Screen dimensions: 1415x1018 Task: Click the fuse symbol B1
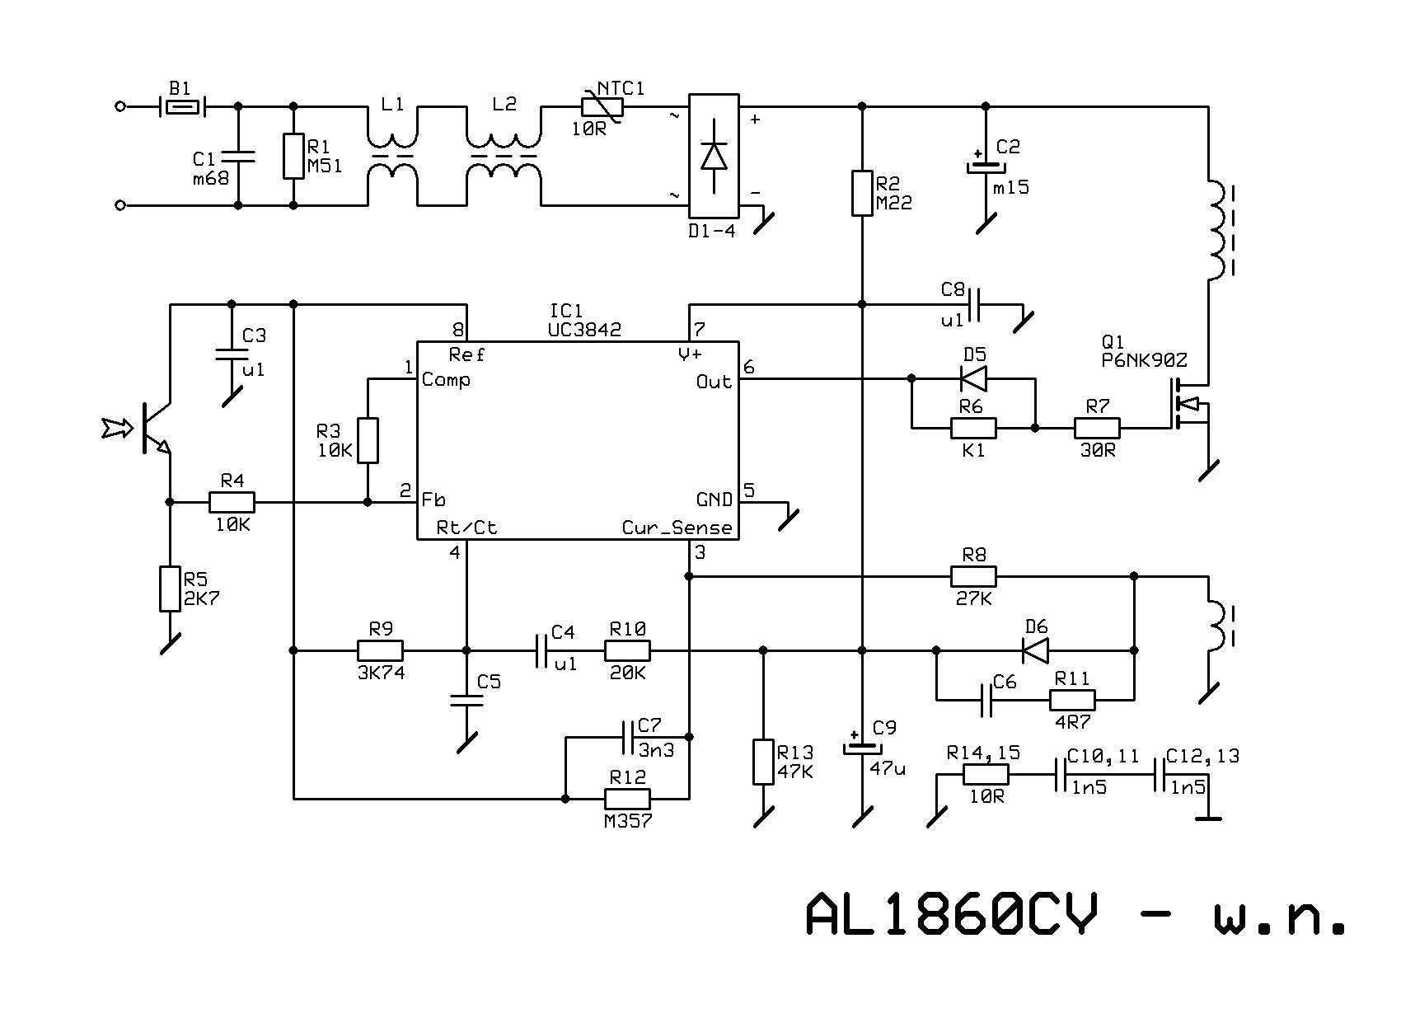(x=182, y=106)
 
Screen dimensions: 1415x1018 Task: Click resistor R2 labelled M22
(x=862, y=193)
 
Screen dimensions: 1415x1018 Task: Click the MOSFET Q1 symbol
(x=1188, y=404)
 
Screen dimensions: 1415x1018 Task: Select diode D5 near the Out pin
(x=974, y=378)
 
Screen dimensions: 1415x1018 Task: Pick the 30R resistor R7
(x=1097, y=428)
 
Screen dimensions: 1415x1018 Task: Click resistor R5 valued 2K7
(x=170, y=589)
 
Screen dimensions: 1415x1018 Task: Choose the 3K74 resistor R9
(x=380, y=650)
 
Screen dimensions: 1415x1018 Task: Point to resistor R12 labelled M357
(x=627, y=799)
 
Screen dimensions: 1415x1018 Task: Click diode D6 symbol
(x=1035, y=650)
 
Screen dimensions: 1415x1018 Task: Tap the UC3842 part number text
(x=584, y=330)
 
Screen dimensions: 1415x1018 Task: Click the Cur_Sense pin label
(x=677, y=528)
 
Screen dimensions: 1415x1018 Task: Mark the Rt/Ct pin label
(x=466, y=528)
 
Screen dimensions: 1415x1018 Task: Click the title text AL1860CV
(x=952, y=913)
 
